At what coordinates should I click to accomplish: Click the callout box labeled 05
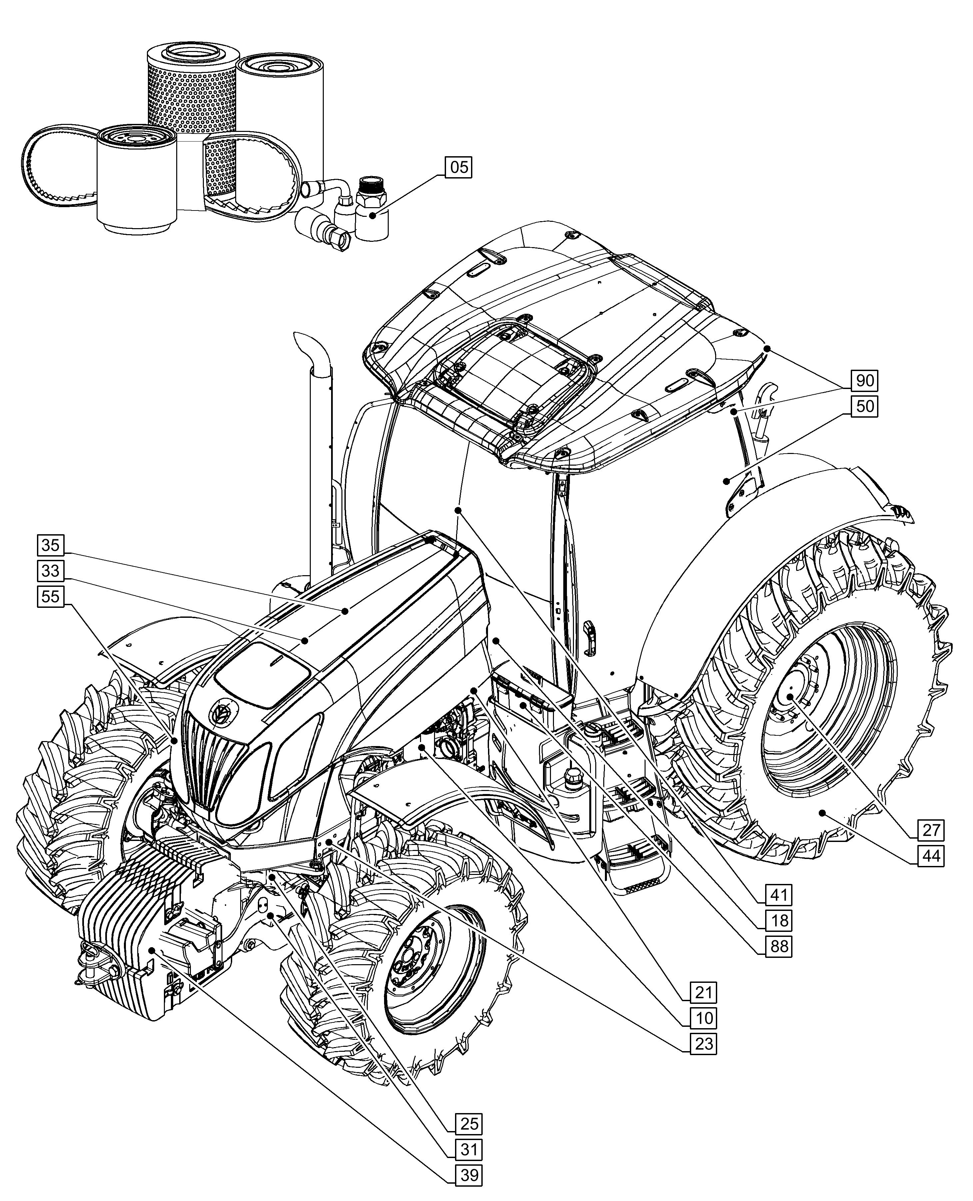tap(458, 168)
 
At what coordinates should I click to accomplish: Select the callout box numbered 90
tap(865, 381)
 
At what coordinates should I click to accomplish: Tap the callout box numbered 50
tap(865, 406)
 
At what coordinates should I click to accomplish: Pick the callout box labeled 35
tap(50, 545)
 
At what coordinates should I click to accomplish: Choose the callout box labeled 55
tap(50, 596)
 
